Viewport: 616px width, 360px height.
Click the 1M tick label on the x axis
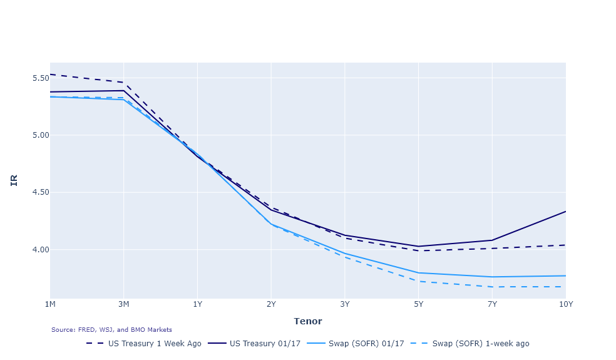tap(50, 304)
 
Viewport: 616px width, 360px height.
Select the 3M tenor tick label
tap(124, 304)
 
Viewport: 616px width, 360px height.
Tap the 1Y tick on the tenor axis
tap(198, 304)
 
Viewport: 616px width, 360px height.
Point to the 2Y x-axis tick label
tap(271, 304)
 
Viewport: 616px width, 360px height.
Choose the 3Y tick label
tap(345, 304)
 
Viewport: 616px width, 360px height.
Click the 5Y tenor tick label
tap(418, 304)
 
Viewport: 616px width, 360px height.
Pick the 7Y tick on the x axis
tap(492, 304)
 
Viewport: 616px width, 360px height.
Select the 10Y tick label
tap(565, 304)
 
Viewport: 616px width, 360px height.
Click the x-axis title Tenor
tap(308, 321)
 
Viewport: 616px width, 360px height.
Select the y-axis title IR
tap(14, 180)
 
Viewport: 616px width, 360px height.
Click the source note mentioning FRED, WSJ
tap(111, 330)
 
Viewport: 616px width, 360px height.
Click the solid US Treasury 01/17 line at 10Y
tap(565, 212)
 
